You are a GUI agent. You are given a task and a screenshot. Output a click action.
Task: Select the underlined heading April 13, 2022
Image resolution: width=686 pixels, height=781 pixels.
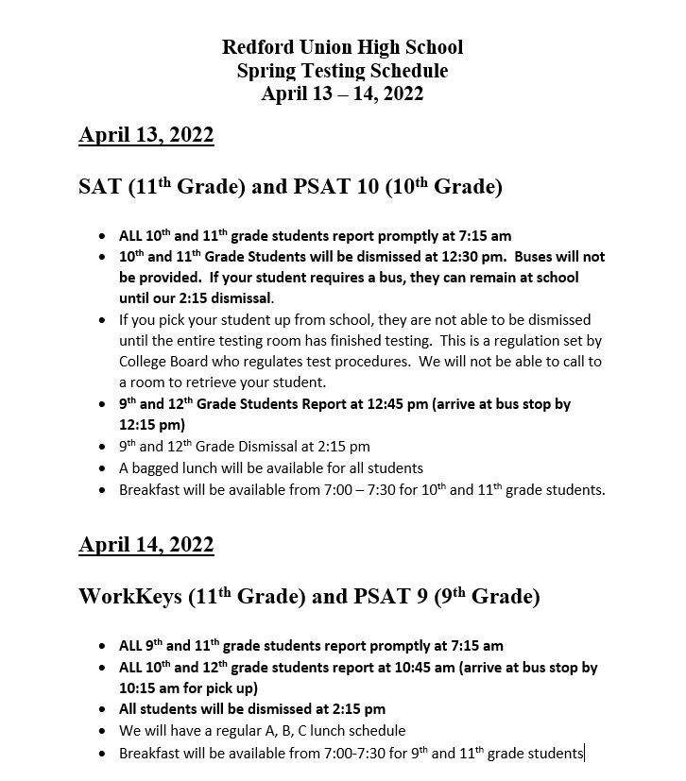click(x=146, y=135)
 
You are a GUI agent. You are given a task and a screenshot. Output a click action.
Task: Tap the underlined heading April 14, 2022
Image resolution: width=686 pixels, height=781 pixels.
click(x=146, y=545)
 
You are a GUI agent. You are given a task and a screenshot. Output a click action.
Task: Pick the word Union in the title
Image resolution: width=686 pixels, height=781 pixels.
click(x=331, y=46)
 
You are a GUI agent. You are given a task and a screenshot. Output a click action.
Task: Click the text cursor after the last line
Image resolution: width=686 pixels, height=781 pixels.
click(x=585, y=753)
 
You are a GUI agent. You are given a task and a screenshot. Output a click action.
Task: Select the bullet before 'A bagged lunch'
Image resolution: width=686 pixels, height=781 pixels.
click(x=102, y=468)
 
